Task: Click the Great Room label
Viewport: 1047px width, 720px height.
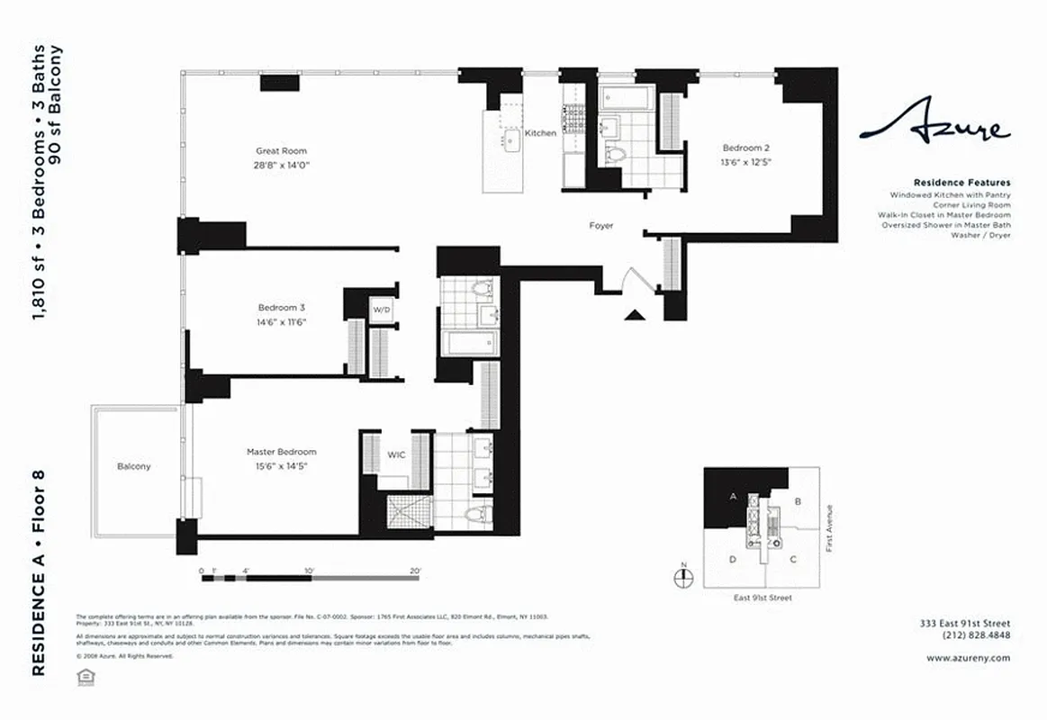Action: coord(281,151)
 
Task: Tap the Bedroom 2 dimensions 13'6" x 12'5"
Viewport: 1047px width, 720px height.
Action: coord(746,163)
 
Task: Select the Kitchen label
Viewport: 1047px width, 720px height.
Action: coord(541,133)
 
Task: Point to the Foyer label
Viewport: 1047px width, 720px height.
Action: coord(601,226)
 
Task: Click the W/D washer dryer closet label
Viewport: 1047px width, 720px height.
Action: coord(382,310)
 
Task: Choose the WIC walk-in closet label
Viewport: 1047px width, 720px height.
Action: coord(396,454)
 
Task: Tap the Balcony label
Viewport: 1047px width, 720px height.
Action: coord(134,466)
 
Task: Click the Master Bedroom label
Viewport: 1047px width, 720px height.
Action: coord(282,452)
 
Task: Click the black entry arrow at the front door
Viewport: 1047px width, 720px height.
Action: coord(636,313)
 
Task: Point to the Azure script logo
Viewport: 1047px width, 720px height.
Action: coord(934,127)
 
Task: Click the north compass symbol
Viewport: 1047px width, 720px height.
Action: coord(683,578)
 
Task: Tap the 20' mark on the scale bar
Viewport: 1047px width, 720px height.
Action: coord(415,570)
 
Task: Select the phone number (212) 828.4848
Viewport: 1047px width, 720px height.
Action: coord(976,634)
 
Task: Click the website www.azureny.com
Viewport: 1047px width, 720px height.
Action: coord(968,658)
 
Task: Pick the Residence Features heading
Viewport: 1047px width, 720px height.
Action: coord(961,183)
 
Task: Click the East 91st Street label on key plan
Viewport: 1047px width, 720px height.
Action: coord(762,598)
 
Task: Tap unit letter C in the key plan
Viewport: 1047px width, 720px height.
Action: coord(793,559)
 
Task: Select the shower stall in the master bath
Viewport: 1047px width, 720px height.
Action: coord(411,511)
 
